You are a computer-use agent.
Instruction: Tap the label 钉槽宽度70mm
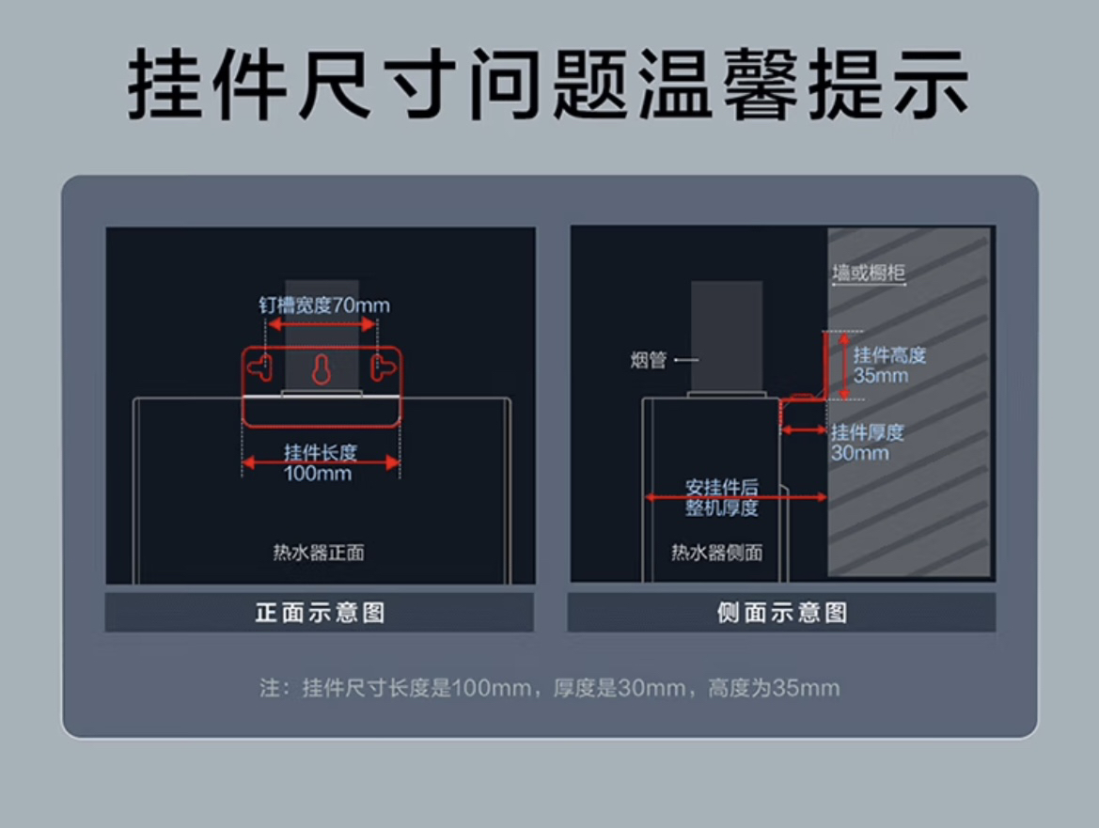click(x=324, y=305)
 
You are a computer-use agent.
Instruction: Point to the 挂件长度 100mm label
click(x=321, y=462)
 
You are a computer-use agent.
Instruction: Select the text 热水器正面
click(x=319, y=553)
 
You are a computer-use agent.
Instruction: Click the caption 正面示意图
click(x=320, y=614)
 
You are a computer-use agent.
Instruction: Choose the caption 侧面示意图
click(x=781, y=614)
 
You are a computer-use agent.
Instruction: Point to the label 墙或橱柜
click(x=869, y=273)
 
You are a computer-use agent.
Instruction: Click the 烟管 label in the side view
click(x=649, y=360)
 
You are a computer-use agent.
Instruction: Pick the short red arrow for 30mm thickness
click(x=804, y=430)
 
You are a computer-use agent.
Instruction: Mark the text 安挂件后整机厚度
click(x=722, y=498)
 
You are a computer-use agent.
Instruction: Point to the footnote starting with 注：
click(x=549, y=688)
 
